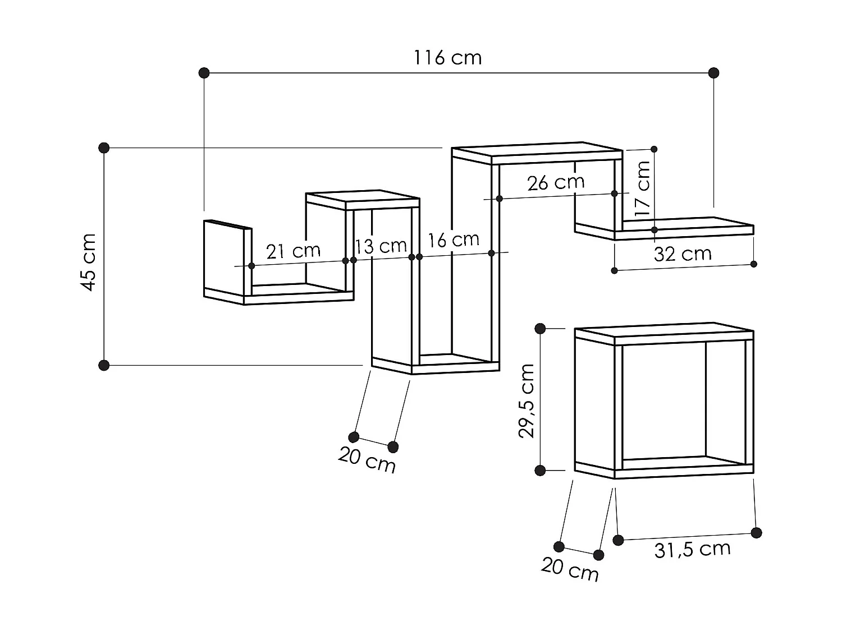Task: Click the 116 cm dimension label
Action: (x=447, y=58)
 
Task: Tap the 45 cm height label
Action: (x=89, y=262)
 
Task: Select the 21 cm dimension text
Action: (x=293, y=251)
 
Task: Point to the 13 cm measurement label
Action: (x=381, y=246)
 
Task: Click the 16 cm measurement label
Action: (x=454, y=240)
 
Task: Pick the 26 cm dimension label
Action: (x=556, y=183)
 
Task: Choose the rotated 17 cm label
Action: (x=642, y=189)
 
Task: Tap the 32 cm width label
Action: (x=683, y=254)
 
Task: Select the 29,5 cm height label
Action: (x=527, y=400)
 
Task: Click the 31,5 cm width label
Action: (x=692, y=549)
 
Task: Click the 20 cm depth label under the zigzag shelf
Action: (x=367, y=461)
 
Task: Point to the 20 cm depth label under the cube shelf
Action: (x=570, y=569)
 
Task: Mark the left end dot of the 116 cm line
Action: (x=204, y=72)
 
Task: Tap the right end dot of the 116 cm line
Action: (x=713, y=72)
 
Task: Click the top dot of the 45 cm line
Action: (x=104, y=148)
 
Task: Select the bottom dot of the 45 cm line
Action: (x=104, y=365)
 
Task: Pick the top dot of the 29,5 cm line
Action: (x=541, y=329)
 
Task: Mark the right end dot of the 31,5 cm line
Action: (x=756, y=532)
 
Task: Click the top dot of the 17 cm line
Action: (x=654, y=149)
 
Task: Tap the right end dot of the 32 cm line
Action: (x=754, y=264)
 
